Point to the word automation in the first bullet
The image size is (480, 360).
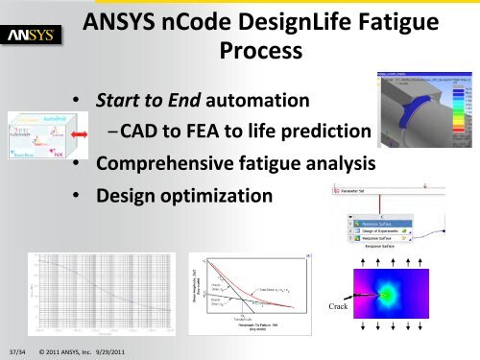pyautogui.click(x=261, y=99)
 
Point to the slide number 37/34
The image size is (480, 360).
pyautogui.click(x=15, y=350)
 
